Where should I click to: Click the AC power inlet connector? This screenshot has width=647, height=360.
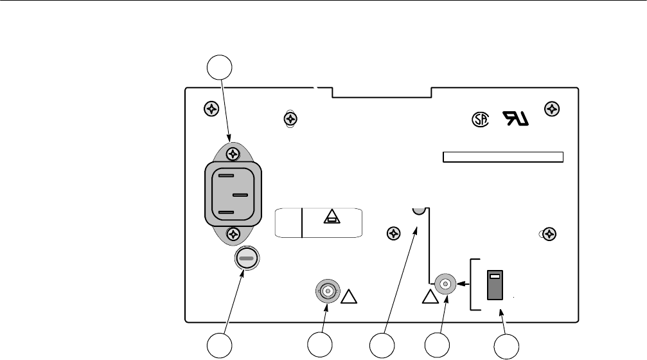pos(234,194)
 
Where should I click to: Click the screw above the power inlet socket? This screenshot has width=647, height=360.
pos(234,154)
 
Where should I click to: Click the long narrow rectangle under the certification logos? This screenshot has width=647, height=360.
pos(503,157)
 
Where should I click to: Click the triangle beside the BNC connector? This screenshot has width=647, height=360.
pos(349,297)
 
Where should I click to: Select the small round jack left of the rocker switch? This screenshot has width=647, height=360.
pos(443,283)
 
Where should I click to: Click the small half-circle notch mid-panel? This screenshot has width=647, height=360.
pos(418,211)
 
